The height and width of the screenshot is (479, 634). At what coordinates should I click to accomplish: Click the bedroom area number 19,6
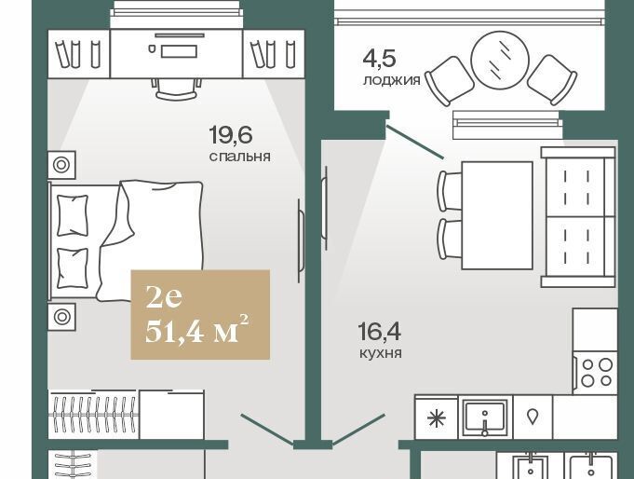pos(231,135)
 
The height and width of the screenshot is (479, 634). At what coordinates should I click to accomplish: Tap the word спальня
pos(240,157)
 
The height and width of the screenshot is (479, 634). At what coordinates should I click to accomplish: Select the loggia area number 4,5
pos(379,59)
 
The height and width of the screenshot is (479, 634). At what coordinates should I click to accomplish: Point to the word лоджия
pos(392,80)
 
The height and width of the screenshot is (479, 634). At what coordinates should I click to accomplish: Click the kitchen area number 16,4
pos(379,331)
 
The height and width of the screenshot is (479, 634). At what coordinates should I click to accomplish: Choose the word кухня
pos(381,353)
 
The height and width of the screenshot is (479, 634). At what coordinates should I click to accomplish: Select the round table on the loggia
pos(500,60)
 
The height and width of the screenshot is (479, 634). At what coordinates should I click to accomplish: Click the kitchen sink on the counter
pos(485,417)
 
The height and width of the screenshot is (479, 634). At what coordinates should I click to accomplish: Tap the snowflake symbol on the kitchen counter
pos(437,417)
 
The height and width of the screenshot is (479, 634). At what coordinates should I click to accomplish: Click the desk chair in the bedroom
pos(177,89)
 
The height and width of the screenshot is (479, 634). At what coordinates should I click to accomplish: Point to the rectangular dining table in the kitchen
pos(497,215)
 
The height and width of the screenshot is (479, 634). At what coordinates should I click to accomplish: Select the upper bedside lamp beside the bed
pos(61,165)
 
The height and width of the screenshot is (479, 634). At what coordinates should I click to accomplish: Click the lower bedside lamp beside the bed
pos(61,317)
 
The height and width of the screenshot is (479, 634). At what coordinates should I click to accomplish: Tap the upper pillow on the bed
pos(73,215)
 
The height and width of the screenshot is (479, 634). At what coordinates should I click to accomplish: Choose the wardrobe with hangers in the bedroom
pos(93,414)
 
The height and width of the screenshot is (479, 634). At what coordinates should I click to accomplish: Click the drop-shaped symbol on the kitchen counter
pos(533,417)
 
